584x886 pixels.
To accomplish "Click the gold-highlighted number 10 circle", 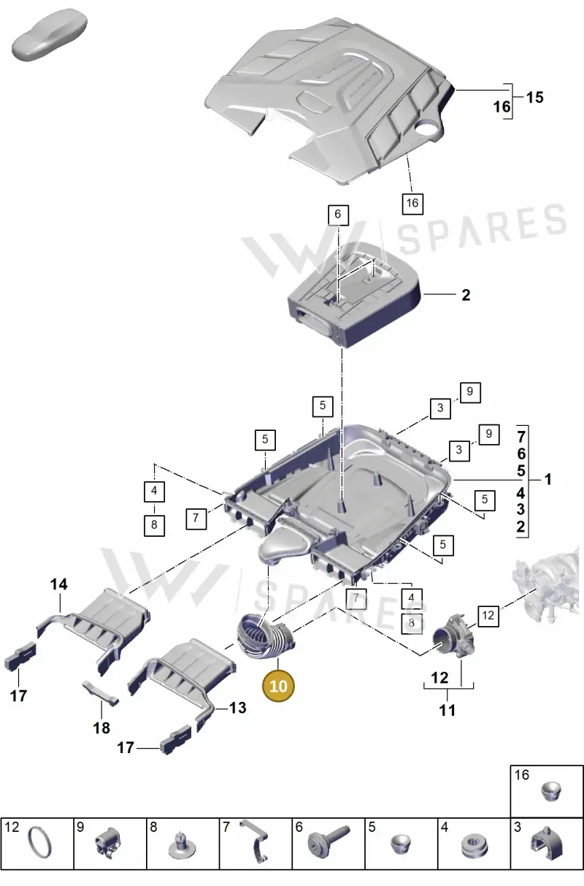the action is (x=278, y=685).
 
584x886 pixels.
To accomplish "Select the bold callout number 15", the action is (x=535, y=97).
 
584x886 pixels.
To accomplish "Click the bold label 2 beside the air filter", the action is (x=466, y=295).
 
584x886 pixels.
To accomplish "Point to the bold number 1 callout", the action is (x=547, y=479).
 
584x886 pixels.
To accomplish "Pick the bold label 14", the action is (x=59, y=584).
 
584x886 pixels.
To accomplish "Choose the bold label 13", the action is (x=238, y=708).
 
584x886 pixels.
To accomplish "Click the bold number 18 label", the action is (x=101, y=727).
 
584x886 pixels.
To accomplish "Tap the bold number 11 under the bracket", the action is (x=447, y=710).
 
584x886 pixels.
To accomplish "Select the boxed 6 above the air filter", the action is (x=338, y=215).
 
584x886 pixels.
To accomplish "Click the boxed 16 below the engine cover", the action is (x=412, y=203).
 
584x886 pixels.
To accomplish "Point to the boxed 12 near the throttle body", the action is (x=488, y=616).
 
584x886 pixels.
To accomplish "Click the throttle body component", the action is (x=454, y=636).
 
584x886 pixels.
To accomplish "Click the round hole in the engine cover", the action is (x=426, y=129).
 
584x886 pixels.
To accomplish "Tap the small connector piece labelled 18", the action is (x=101, y=693).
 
